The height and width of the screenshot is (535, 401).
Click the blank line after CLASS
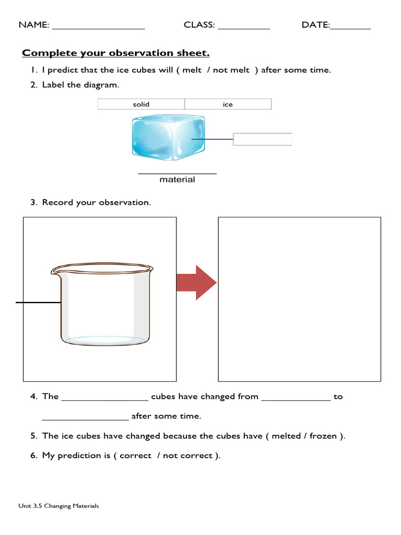243,27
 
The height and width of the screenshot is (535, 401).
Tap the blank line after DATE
350,27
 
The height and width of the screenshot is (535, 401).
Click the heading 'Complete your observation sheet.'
115,53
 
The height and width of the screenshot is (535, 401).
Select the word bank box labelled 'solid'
141,104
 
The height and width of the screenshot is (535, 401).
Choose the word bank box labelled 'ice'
228,104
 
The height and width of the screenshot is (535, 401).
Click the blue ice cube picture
168,137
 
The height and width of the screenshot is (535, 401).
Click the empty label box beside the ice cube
262,139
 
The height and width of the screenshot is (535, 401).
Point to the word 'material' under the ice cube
177,180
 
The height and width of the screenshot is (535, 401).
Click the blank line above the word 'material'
177,172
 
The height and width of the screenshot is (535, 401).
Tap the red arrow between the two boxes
196,283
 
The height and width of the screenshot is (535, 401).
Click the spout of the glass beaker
55,271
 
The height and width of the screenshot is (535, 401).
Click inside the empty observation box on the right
299,299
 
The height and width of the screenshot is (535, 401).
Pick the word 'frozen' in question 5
323,436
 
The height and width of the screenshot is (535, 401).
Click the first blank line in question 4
105,400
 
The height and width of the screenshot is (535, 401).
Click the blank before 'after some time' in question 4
85,419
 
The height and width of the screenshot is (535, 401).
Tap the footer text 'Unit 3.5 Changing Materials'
58,506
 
